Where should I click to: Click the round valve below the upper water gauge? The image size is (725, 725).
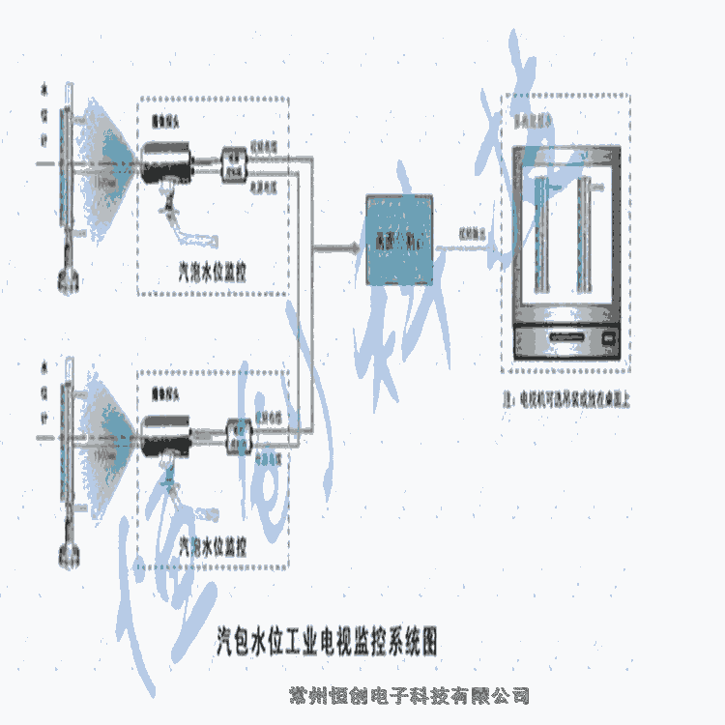[67, 279]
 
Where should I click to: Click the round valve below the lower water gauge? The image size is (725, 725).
[67, 554]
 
